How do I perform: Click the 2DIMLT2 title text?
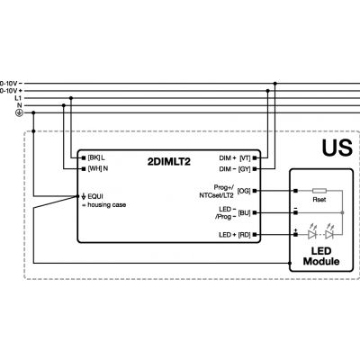(169, 162)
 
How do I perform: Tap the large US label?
(337, 148)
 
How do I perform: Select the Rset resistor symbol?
(319, 191)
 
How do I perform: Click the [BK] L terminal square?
(84, 157)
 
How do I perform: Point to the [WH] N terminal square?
(84, 169)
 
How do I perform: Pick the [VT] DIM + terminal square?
(255, 157)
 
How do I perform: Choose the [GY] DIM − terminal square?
(255, 169)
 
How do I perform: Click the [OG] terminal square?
(255, 191)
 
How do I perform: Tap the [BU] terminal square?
(255, 212)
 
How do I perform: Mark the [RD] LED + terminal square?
(255, 235)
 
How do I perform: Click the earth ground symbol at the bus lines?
(19, 113)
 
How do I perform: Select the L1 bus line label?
(18, 98)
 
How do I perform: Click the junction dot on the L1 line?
(71, 98)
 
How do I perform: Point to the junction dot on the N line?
(64, 105)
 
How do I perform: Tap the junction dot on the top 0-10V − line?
(275, 84)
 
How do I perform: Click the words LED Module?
(321, 256)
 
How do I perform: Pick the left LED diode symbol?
(312, 233)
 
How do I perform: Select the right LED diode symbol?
(329, 233)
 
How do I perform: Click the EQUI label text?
(95, 196)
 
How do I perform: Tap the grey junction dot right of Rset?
(342, 212)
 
